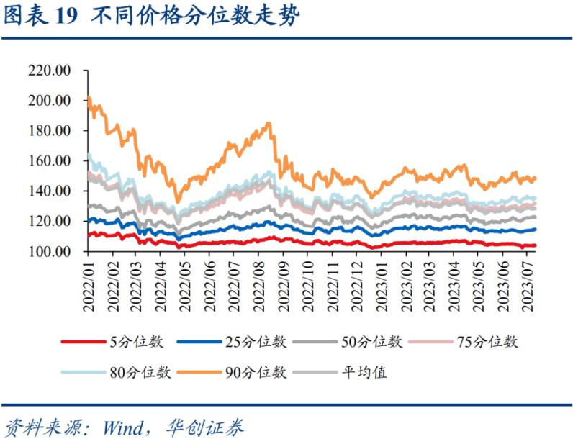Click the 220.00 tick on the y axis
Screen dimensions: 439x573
pyautogui.click(x=48, y=71)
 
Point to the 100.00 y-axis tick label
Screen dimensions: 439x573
pyautogui.click(x=48, y=252)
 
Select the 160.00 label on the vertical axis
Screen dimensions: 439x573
pyautogui.click(x=48, y=161)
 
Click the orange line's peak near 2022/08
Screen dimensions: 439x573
pyautogui.click(x=269, y=123)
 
